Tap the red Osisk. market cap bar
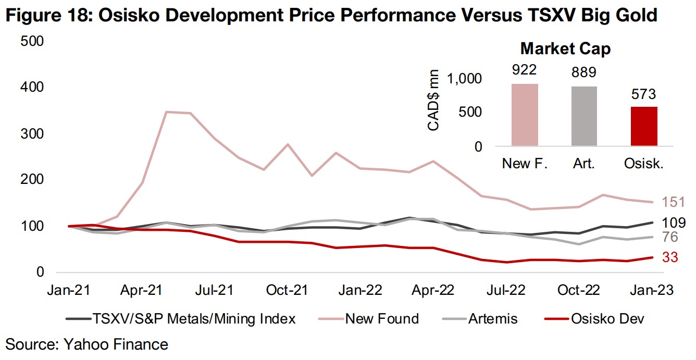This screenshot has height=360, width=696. [644, 126]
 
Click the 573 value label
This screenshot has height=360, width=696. [644, 95]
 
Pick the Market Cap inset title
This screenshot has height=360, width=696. [565, 49]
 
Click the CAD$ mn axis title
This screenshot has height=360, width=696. [433, 101]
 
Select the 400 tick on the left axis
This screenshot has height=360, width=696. [31, 88]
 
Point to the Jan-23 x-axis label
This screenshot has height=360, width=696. [651, 290]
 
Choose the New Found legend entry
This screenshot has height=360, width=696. [382, 318]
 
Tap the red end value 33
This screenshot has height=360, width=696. [670, 257]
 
